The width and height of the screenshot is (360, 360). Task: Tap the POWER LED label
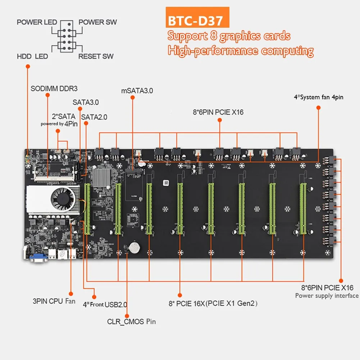point(37,22)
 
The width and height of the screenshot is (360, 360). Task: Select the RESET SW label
point(96,56)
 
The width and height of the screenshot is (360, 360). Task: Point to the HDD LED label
point(32,57)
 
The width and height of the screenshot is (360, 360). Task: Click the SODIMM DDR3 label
point(54,88)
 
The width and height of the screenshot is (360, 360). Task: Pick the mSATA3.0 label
point(137,91)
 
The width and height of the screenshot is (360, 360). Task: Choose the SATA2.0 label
point(94,117)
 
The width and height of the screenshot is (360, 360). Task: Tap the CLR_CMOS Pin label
point(132,321)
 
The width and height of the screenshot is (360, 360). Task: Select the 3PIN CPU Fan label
point(54,301)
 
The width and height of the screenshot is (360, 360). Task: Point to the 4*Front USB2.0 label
point(105,305)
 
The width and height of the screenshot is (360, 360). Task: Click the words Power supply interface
point(327,296)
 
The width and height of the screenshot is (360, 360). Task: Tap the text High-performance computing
point(241,51)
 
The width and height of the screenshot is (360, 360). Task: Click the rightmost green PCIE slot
point(302,208)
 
